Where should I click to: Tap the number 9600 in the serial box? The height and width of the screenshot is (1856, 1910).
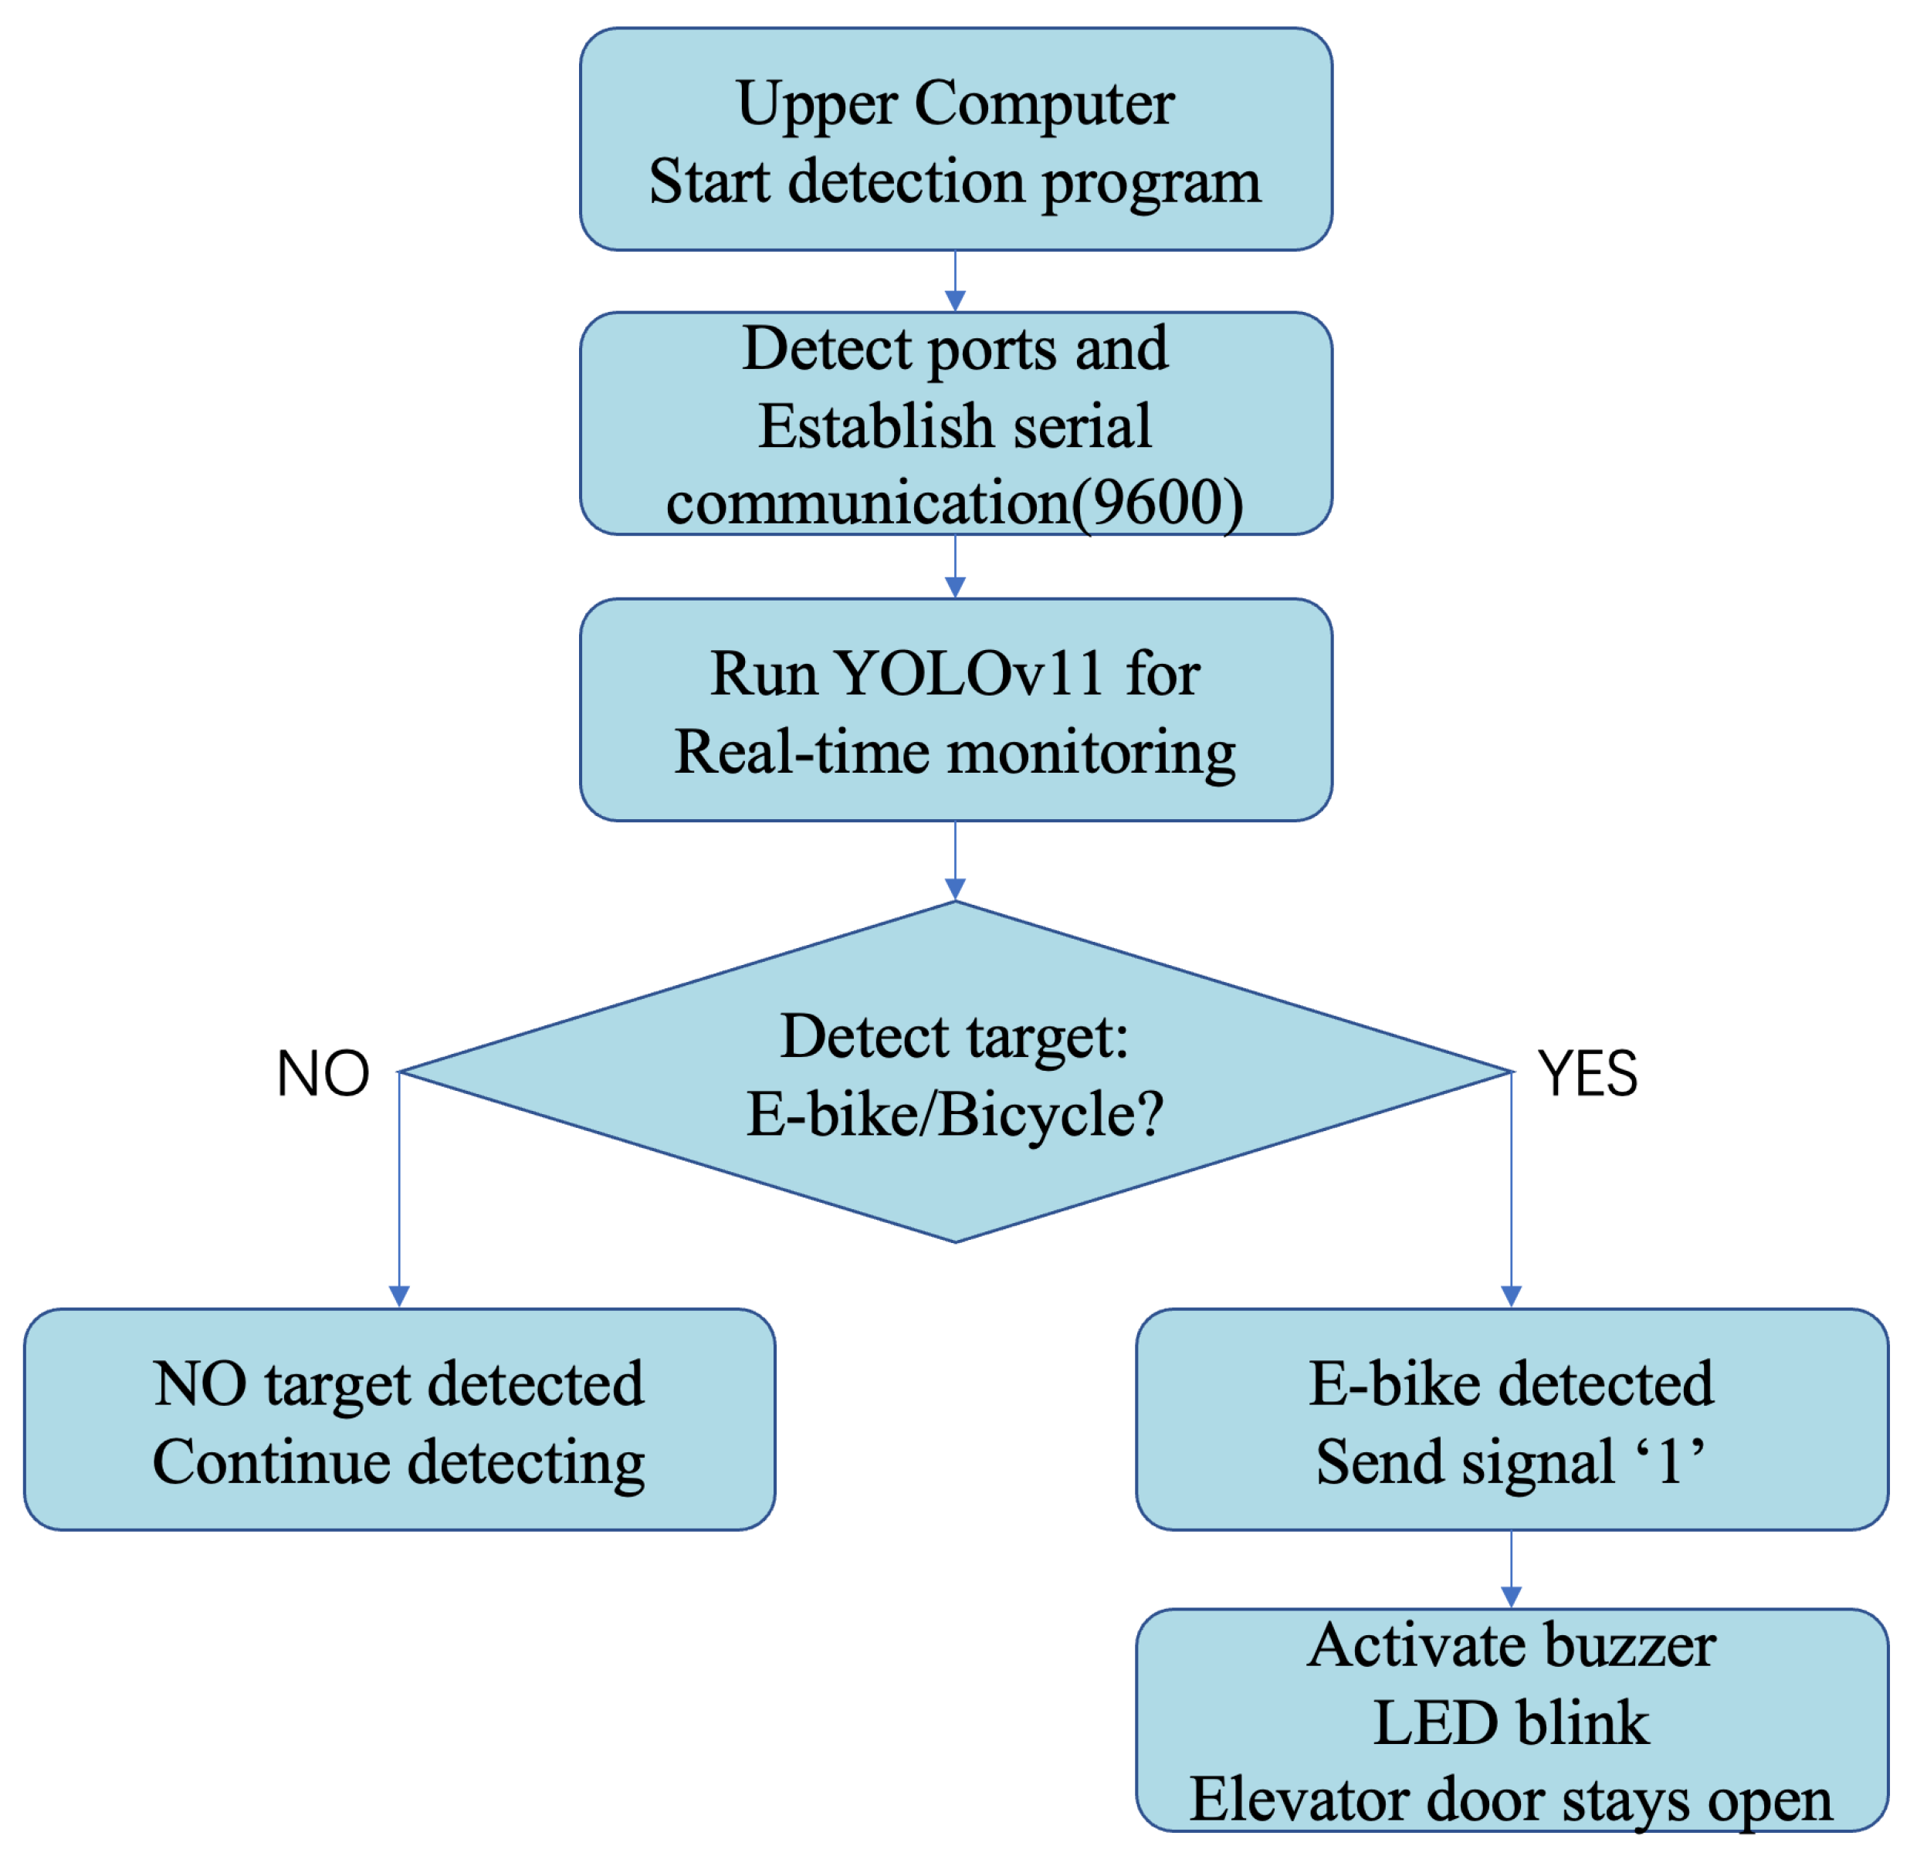pos(1156,504)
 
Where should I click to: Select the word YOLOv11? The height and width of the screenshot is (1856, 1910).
pos(970,672)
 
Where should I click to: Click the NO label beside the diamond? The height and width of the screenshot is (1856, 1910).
pos(323,1074)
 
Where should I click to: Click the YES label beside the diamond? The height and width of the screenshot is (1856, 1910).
pos(1587,1074)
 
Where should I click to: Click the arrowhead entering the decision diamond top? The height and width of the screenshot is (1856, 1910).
pos(956,888)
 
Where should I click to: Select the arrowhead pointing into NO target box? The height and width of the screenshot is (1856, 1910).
pos(399,1295)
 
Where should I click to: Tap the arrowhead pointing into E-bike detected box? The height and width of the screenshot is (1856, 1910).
pos(1511,1295)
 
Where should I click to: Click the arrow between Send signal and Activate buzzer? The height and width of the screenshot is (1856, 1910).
pos(1511,1569)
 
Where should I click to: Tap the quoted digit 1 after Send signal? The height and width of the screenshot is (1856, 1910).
pos(1669,1461)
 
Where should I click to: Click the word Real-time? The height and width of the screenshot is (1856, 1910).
pos(801,753)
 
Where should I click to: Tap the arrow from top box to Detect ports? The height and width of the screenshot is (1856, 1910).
pos(956,283)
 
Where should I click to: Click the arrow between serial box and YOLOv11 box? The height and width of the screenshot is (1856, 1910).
pos(956,568)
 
